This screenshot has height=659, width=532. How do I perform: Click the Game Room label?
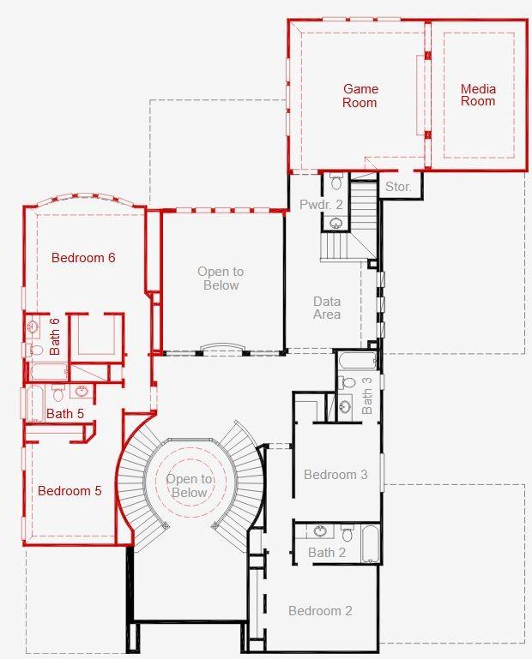[360, 95]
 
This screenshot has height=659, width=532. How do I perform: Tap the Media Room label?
[478, 95]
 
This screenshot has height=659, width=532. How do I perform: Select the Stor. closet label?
[398, 186]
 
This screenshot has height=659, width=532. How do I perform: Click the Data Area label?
[327, 308]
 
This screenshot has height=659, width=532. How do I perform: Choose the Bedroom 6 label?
[83, 257]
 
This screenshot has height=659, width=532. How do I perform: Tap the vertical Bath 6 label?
[54, 336]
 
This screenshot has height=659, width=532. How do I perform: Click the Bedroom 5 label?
[70, 491]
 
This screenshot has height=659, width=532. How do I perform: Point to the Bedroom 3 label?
[336, 475]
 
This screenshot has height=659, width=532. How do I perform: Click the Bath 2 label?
[327, 553]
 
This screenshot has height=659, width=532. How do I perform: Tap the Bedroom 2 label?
[320, 611]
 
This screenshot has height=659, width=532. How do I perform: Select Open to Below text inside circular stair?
[189, 486]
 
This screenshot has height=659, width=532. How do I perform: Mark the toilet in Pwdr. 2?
[336, 182]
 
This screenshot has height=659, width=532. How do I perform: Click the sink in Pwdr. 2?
[336, 223]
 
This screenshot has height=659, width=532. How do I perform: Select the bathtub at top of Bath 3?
[354, 360]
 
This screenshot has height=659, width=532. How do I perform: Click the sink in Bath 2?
[318, 532]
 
